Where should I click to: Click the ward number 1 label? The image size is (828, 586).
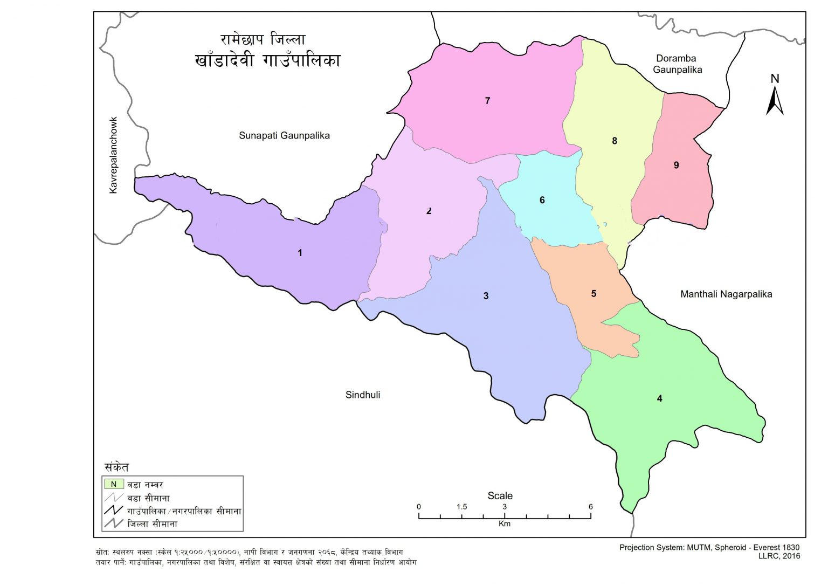pyautogui.click(x=300, y=253)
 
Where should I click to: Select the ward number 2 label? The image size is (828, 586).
pyautogui.click(x=429, y=211)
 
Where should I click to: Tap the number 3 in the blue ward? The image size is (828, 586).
pyautogui.click(x=486, y=296)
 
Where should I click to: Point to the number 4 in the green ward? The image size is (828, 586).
pyautogui.click(x=659, y=398)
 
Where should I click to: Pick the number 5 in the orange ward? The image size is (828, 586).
pyautogui.click(x=594, y=294)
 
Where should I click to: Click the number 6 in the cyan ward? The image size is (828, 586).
pyautogui.click(x=542, y=200)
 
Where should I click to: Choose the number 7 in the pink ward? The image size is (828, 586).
pyautogui.click(x=487, y=101)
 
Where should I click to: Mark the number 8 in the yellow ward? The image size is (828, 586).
pyautogui.click(x=614, y=141)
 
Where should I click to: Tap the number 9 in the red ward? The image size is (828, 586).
pyautogui.click(x=676, y=165)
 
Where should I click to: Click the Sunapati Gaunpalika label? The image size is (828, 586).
pyautogui.click(x=284, y=135)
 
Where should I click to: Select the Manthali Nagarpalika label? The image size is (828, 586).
pyautogui.click(x=726, y=294)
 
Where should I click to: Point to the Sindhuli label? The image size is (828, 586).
pyautogui.click(x=362, y=395)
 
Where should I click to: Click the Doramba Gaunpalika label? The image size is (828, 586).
pyautogui.click(x=677, y=64)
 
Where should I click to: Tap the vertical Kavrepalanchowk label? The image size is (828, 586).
pyautogui.click(x=113, y=155)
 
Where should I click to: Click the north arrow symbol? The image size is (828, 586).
pyautogui.click(x=775, y=100)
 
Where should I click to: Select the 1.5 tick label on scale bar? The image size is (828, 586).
pyautogui.click(x=461, y=507)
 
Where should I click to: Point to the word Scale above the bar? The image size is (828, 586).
pyautogui.click(x=500, y=495)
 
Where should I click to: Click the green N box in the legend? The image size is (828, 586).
pyautogui.click(x=114, y=484)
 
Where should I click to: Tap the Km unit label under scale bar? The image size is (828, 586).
pyautogui.click(x=504, y=523)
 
